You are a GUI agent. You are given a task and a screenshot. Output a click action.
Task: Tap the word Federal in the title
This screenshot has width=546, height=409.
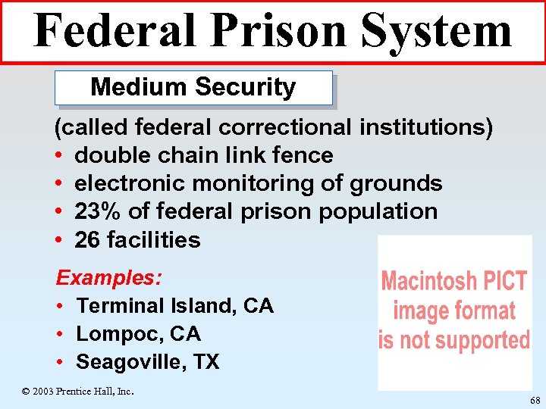tap(114, 31)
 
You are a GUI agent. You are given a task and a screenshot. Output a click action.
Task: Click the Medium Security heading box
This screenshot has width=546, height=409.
tap(193, 88)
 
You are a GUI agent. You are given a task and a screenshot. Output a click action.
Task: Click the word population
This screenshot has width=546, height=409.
tap(378, 211)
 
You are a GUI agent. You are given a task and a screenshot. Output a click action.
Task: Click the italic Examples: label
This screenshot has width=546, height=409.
tap(108, 277)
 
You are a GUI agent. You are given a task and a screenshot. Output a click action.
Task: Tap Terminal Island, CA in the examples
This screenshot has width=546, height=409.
tap(174, 306)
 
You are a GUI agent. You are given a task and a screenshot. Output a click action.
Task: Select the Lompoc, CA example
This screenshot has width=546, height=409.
tap(138, 334)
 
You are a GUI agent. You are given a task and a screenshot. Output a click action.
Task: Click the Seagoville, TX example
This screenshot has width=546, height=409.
tap(147, 362)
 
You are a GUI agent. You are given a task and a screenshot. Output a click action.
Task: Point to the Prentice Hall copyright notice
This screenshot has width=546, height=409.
tap(78, 392)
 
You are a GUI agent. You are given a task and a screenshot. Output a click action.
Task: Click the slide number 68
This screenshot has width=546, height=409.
tap(535, 401)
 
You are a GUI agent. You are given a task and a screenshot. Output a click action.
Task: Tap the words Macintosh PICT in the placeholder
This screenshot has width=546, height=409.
tap(454, 282)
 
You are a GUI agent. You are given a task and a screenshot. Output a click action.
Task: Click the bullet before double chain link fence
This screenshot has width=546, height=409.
tap(59, 156)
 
